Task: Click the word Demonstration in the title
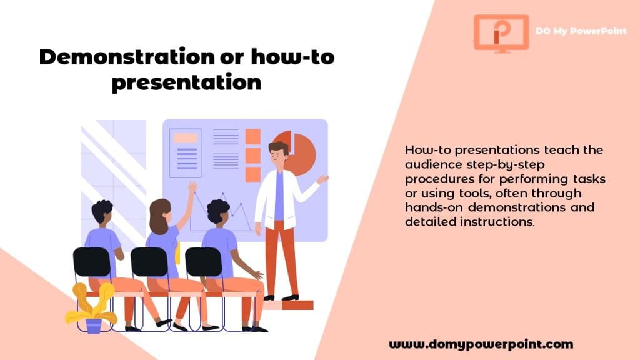127,57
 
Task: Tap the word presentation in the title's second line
186,83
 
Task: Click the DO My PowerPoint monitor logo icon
501,34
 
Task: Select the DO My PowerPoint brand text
581,31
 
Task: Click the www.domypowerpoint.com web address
481,344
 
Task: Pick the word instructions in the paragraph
497,222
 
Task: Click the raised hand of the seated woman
192,187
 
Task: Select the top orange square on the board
253,137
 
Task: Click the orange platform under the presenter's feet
287,305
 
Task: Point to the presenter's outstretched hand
323,179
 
